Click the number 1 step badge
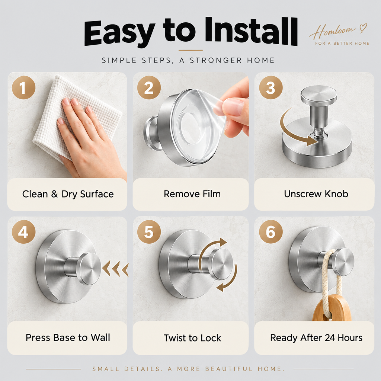[23, 87]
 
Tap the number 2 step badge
[149, 87]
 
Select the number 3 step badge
[271, 87]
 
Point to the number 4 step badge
[23, 232]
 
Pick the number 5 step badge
[149, 232]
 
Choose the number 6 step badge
[271, 232]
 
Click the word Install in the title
[251, 32]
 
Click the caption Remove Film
[192, 194]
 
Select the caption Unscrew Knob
[316, 194]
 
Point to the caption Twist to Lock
[192, 338]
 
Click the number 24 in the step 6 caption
[330, 338]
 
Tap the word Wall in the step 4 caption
[100, 337]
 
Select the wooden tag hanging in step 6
[332, 308]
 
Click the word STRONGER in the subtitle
[216, 60]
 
